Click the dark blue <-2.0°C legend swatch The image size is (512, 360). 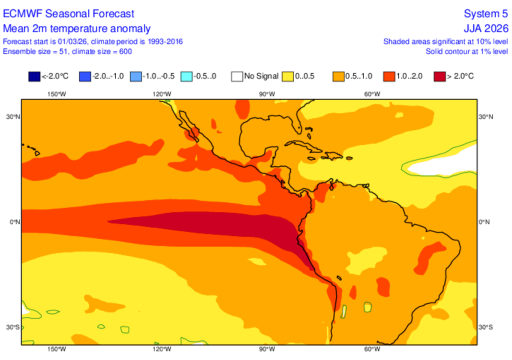point(34,76)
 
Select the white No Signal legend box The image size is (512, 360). point(236,76)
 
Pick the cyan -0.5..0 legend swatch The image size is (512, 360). point(186,76)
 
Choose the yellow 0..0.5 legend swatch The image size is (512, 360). point(287,76)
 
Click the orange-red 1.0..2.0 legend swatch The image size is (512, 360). point(388,76)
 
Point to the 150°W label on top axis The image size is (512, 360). point(56,94)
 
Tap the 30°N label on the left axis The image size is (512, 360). point(12,117)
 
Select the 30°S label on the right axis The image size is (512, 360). point(485,327)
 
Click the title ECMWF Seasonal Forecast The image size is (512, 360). point(68,13)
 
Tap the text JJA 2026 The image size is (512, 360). point(486,28)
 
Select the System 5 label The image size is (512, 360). point(486,13)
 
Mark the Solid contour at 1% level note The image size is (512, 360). point(467,51)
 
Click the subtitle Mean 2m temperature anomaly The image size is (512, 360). point(76,28)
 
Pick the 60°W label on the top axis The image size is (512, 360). point(371,94)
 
